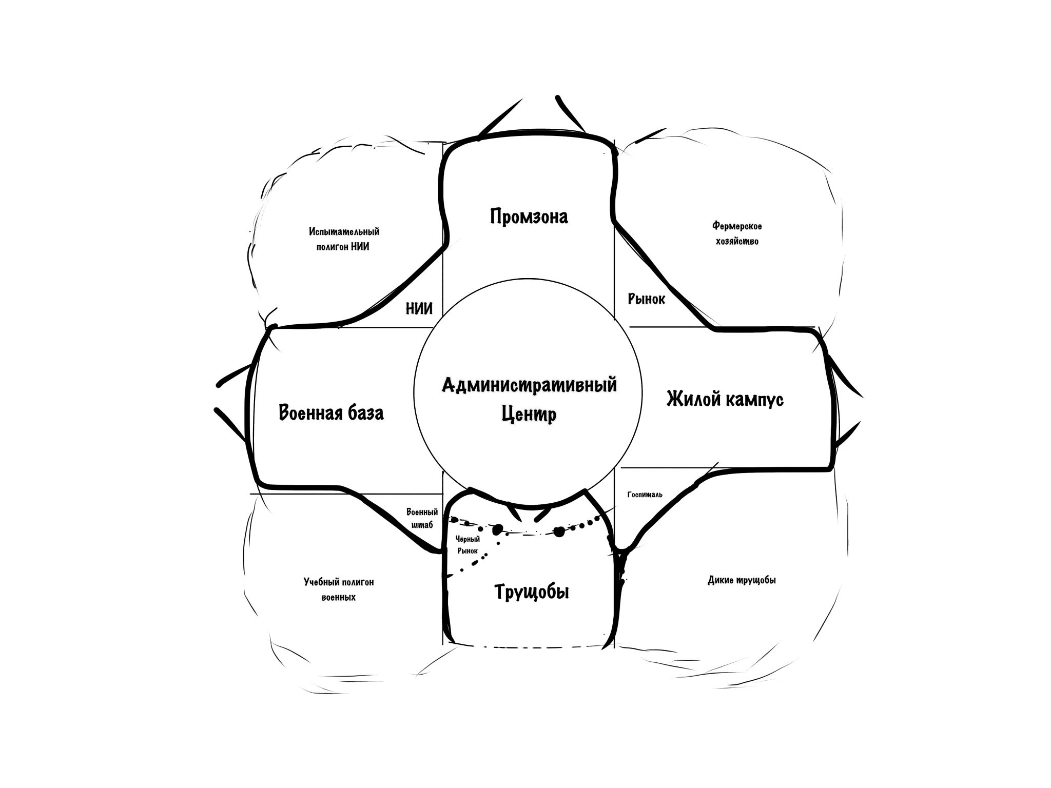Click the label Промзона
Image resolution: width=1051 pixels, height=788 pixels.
529,216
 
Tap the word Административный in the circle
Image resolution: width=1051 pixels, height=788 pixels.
529,385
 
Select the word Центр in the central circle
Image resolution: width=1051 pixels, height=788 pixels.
529,414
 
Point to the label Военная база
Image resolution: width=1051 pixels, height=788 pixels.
331,412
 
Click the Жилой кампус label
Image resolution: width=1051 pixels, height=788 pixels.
725,399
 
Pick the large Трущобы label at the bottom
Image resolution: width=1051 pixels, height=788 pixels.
532,592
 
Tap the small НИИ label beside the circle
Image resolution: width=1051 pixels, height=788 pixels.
419,308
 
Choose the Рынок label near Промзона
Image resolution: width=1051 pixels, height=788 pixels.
646,299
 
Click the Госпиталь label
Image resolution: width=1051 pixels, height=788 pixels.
645,495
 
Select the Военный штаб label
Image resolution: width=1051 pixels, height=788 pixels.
422,518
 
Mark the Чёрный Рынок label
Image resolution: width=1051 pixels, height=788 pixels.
468,545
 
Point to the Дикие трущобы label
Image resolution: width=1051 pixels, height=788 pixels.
742,580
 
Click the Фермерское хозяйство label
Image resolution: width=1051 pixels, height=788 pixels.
737,233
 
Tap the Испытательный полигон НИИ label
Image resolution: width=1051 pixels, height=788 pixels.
344,239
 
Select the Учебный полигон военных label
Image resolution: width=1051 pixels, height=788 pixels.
339,589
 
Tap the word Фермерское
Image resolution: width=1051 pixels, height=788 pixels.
737,226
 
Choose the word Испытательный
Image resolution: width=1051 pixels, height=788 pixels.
344,232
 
